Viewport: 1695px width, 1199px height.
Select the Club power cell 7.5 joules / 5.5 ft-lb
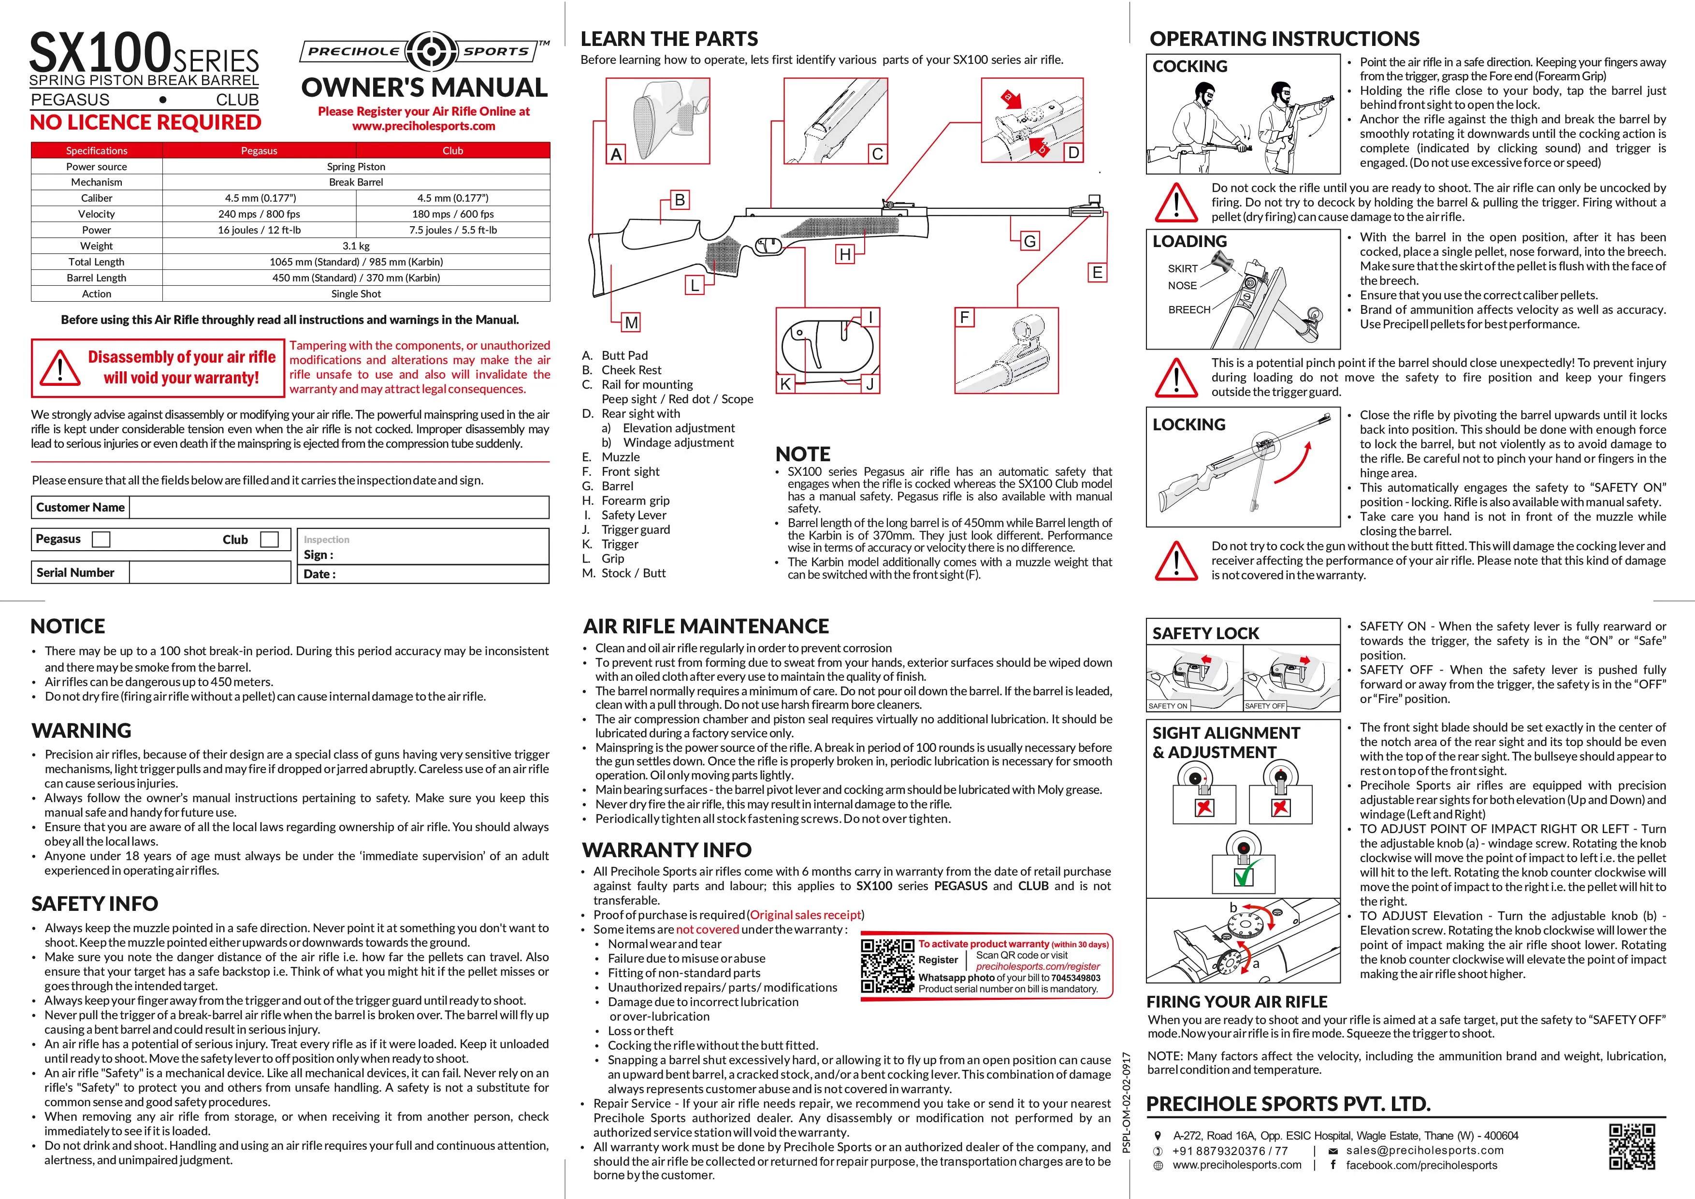tap(452, 230)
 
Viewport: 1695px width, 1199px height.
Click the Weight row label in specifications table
tap(97, 246)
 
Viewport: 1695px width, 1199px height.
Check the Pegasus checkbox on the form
tap(101, 540)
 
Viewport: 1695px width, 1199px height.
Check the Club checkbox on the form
tap(270, 540)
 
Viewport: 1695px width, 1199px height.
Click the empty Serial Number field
tap(210, 572)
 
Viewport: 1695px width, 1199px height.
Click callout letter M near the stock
tap(631, 322)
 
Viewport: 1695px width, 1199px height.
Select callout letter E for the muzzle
tap(1097, 272)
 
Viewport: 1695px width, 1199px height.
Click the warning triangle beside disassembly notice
tap(59, 367)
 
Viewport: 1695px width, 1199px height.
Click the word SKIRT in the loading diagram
tap(1182, 269)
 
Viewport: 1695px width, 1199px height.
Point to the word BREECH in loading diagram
tap(1188, 310)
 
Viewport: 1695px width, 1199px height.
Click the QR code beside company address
tap(1632, 1147)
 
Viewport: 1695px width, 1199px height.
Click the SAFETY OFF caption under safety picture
tap(1265, 706)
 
